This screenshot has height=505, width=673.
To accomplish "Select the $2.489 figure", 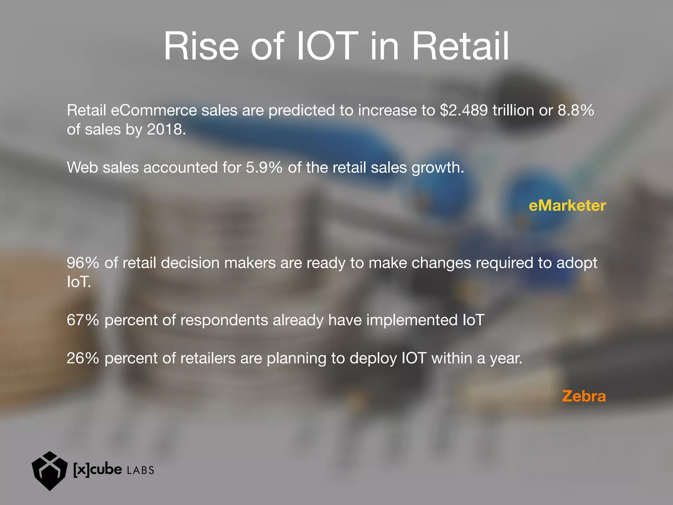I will click(464, 110).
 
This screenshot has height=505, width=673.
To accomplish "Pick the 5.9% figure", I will click(264, 168).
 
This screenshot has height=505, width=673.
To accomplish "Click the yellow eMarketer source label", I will click(567, 206).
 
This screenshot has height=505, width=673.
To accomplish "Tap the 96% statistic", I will click(83, 263).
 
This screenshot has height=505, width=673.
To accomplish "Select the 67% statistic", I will click(83, 320).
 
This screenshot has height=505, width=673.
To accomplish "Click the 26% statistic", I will click(83, 358).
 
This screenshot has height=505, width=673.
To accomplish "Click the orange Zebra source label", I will click(584, 396).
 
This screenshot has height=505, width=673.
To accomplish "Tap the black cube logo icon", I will click(49, 471).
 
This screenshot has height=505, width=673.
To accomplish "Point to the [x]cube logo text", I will click(97, 469).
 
